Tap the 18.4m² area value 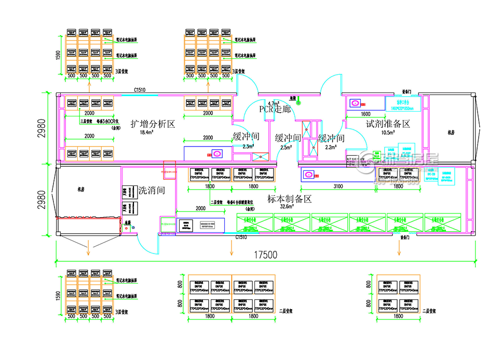[147, 132]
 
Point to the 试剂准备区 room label [388, 124]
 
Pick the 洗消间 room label [152, 190]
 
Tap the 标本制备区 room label [289, 198]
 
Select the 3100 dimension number [337, 185]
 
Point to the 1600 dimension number [365, 113]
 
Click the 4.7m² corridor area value [273, 103]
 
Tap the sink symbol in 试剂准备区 [355, 103]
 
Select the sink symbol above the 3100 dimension [310, 175]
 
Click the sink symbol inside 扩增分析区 [216, 153]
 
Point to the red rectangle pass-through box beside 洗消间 [169, 170]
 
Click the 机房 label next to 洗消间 [80, 190]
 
